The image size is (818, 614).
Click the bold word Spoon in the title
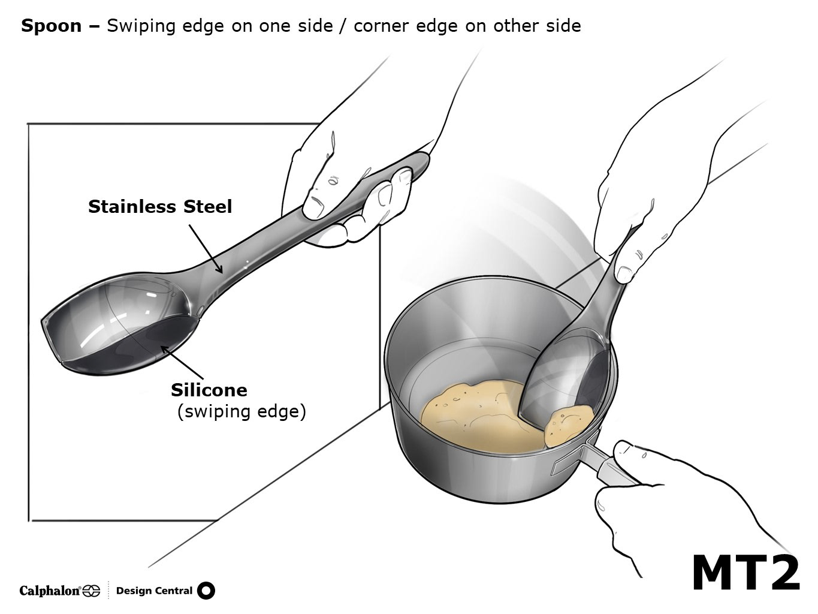click(52, 26)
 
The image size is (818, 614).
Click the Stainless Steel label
click(160, 207)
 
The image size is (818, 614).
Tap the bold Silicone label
click(209, 390)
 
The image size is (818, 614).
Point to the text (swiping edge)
click(242, 412)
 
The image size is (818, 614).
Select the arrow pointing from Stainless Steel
click(205, 249)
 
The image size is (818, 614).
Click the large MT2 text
click(745, 573)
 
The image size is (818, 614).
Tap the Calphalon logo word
click(50, 591)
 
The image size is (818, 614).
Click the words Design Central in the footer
click(154, 591)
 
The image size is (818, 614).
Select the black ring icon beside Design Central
click(206, 591)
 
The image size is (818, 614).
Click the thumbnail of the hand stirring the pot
click(624, 274)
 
